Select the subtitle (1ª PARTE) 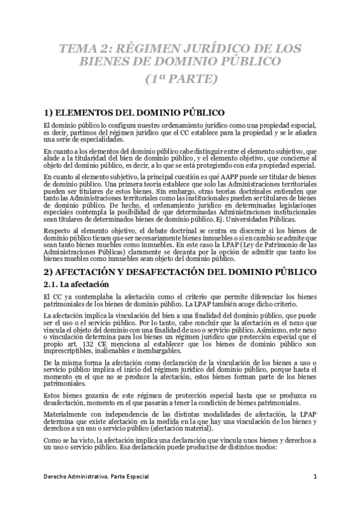[179, 78]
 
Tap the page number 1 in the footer [315, 477]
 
